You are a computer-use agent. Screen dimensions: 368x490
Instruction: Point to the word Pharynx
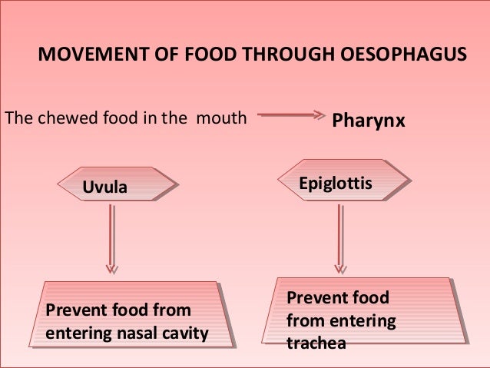click(367, 121)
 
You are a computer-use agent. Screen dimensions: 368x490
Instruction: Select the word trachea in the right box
click(315, 343)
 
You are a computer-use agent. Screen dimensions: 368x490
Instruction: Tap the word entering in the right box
click(363, 320)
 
